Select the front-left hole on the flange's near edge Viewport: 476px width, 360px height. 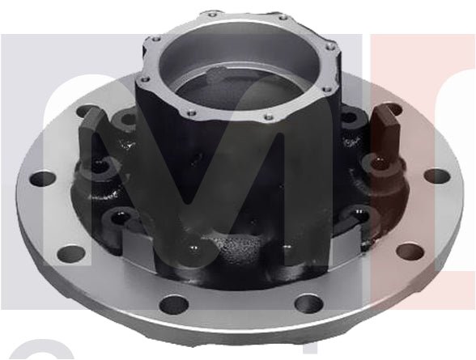[x=173, y=305]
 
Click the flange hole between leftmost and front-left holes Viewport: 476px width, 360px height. [x=72, y=252]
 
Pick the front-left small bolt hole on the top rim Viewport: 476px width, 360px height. [x=189, y=113]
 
